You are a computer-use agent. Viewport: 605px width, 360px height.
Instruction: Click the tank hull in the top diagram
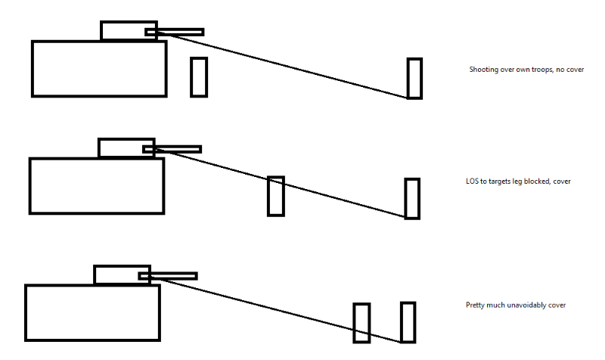coord(99,69)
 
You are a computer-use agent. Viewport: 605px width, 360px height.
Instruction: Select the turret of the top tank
coord(125,30)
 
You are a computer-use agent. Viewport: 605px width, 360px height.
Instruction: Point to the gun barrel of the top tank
coord(181,32)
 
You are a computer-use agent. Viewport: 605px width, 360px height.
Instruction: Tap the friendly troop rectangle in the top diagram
coord(199,76)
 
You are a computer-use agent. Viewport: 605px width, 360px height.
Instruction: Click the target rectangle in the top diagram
coord(414,78)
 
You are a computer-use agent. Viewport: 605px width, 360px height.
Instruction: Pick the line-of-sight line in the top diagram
coord(302,66)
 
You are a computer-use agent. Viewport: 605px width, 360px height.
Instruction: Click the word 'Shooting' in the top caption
coord(482,70)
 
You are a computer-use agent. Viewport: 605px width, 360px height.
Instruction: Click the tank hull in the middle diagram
coord(96,185)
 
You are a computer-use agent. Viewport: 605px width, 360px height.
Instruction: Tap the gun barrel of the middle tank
coord(179,149)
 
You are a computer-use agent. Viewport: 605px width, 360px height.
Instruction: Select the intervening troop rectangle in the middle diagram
coord(276,196)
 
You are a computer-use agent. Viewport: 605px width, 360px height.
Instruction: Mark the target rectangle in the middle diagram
coord(412,199)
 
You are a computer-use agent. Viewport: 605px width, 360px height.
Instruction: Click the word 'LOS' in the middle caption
coord(472,182)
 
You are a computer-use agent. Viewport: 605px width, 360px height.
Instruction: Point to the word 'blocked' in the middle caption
coord(538,182)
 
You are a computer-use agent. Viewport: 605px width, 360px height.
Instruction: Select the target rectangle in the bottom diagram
coord(408,322)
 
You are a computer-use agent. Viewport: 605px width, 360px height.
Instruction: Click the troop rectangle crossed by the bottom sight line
coord(361,323)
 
